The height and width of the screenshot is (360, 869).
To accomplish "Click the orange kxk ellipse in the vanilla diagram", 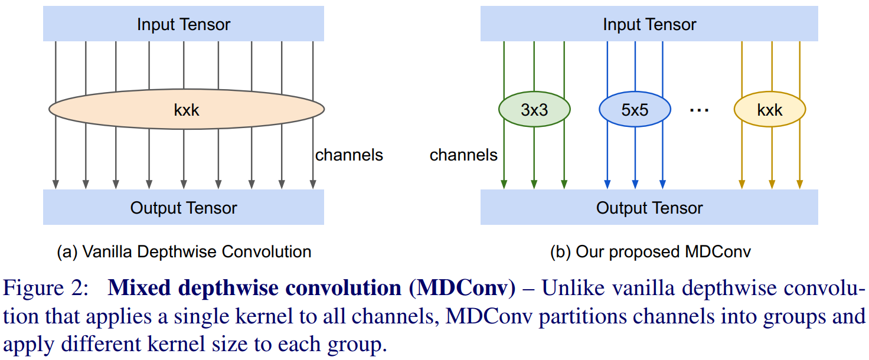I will [186, 109].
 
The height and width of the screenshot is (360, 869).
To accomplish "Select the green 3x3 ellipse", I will [534, 110].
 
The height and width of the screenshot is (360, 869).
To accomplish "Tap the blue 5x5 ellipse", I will [635, 110].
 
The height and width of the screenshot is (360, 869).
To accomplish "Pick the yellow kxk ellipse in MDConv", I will [769, 110].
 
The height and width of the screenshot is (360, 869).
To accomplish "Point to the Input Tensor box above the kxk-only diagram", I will [184, 24].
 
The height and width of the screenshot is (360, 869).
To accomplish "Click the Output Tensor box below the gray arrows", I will [184, 208].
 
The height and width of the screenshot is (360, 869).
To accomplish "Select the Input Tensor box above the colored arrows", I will [649, 24].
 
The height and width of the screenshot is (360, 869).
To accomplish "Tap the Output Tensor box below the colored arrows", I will [649, 208].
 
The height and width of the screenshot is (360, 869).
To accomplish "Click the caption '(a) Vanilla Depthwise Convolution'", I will [184, 252].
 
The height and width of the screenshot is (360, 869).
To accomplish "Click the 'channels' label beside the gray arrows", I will [349, 155].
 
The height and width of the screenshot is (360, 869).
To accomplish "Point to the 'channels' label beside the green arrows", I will [463, 155].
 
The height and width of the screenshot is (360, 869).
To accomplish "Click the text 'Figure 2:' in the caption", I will [44, 289].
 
